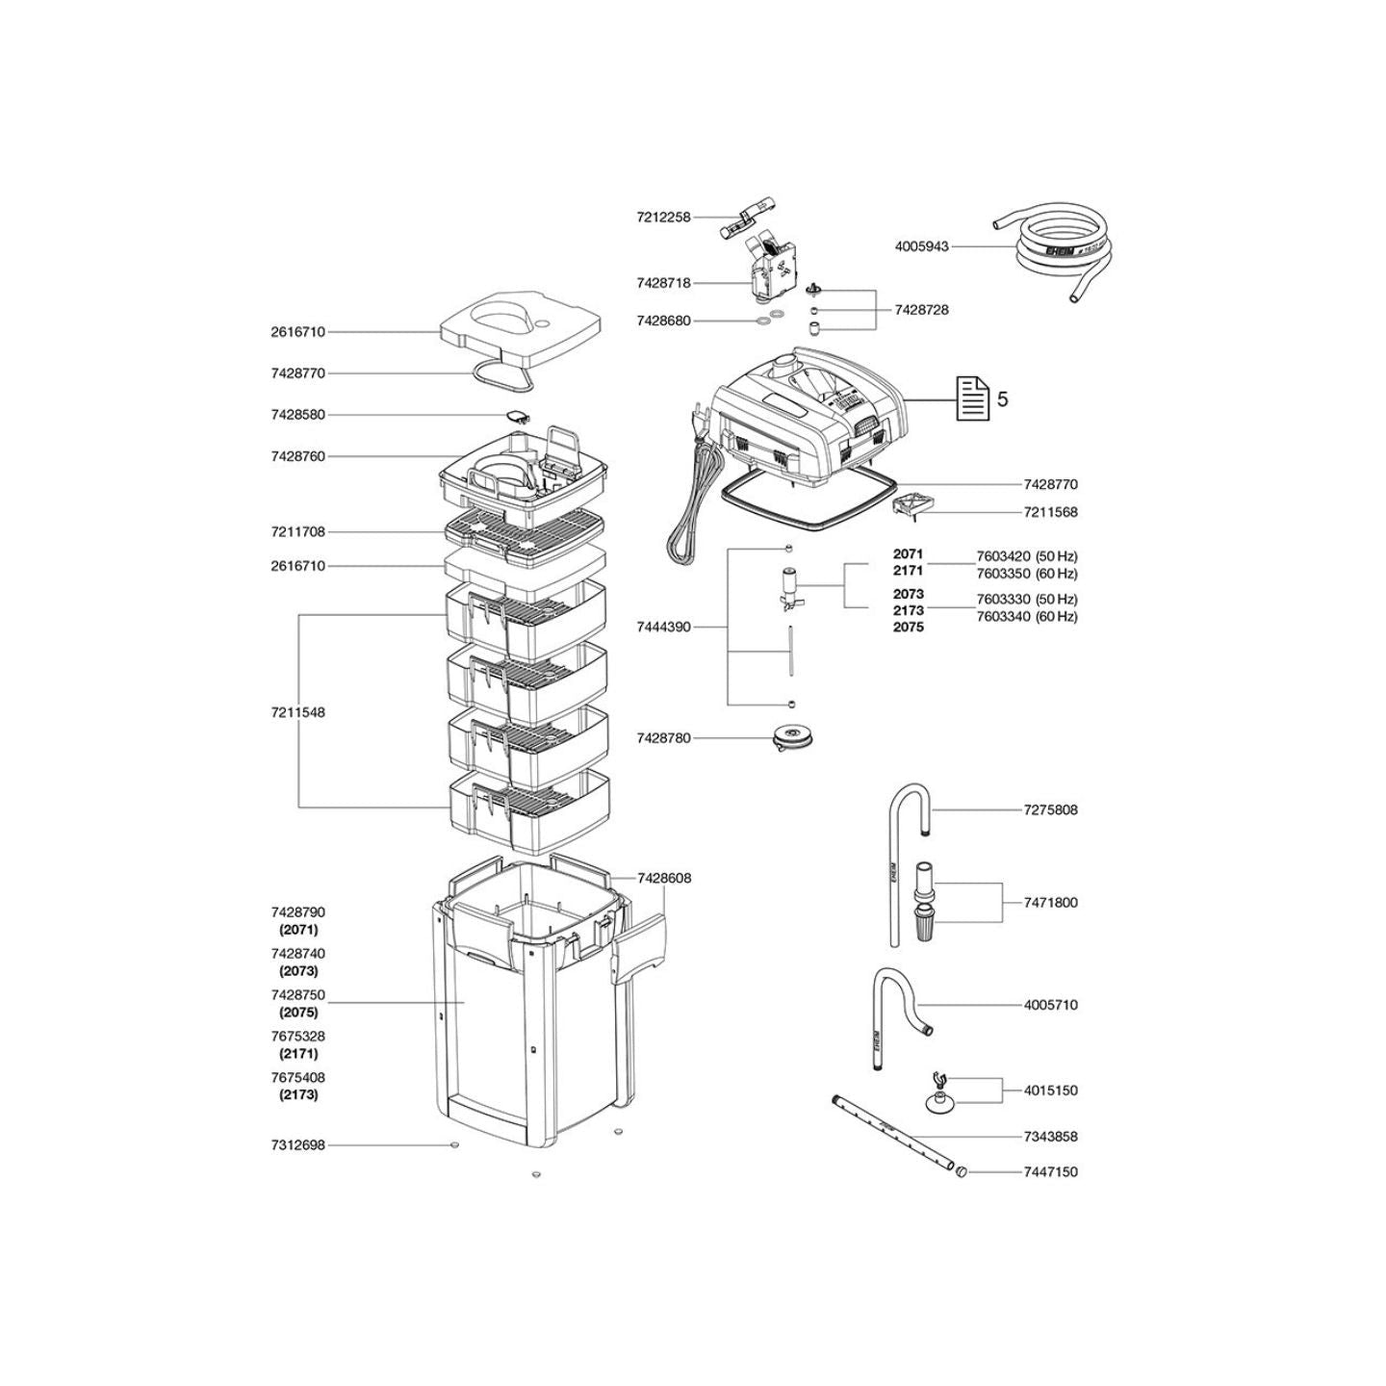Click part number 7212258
pos(663,217)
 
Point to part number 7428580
pos(297,415)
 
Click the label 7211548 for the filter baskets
pos(297,713)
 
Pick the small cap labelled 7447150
pos(961,1171)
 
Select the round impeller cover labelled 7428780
pos(786,738)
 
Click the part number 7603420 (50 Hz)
pos(1027,556)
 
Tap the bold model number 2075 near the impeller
pos(909,627)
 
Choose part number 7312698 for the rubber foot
pos(297,1144)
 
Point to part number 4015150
pos(1051,1091)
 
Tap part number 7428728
pos(921,310)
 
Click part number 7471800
pos(1051,903)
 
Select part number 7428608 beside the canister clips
pos(664,878)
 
